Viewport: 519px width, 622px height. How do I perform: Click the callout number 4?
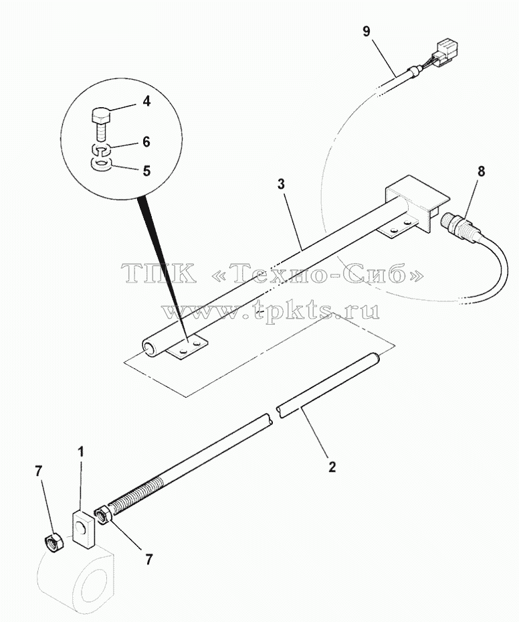[146, 101]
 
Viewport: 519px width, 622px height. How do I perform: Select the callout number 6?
[146, 142]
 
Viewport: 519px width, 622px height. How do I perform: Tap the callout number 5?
[146, 171]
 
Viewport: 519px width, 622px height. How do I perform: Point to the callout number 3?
[280, 184]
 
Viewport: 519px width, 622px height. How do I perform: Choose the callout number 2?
[332, 467]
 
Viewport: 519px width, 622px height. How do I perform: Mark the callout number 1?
[80, 451]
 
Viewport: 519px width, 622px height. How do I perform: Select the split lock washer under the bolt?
[101, 149]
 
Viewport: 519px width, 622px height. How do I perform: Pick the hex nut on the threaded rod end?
[104, 515]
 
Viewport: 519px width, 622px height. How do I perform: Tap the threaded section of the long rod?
[136, 494]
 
